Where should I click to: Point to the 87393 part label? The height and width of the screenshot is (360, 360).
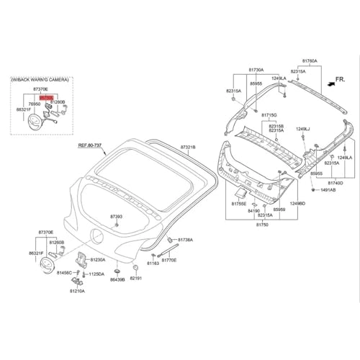point(117,216)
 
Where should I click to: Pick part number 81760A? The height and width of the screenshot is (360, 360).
point(310,62)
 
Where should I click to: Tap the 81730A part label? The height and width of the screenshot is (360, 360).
point(256,71)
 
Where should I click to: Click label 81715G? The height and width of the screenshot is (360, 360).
point(269,115)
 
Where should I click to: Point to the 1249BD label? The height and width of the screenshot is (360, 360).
point(297,204)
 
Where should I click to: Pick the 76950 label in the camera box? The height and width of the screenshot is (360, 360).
point(35,104)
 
